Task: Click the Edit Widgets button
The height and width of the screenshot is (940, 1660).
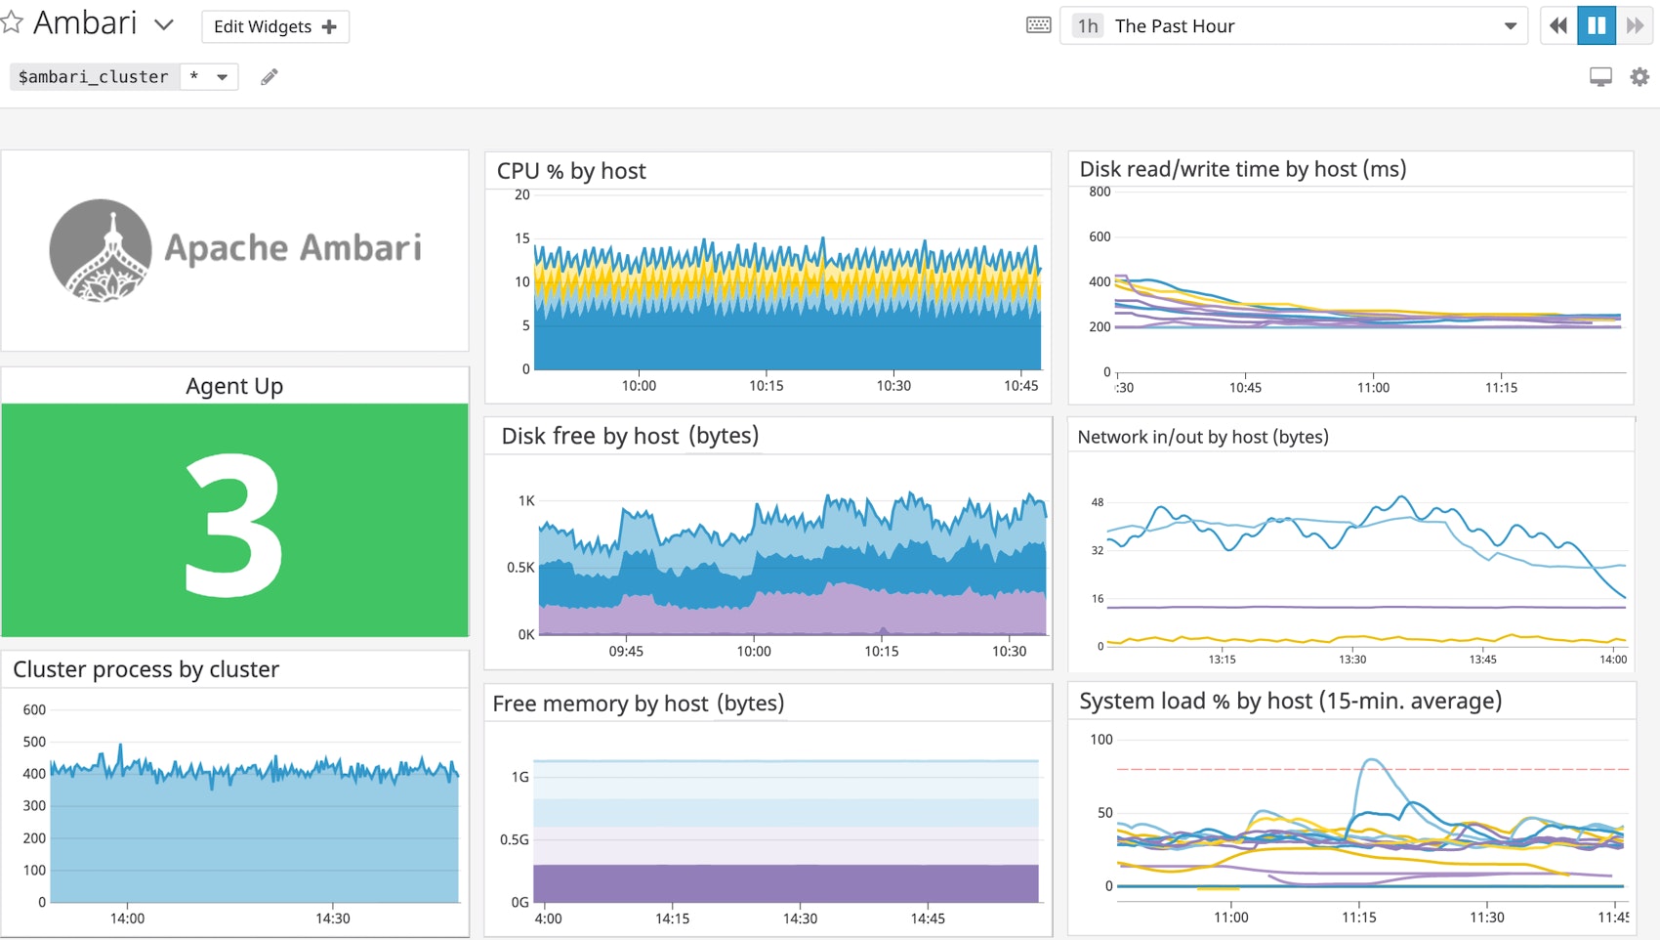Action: (x=274, y=26)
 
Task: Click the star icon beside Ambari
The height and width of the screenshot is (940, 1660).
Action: (x=12, y=22)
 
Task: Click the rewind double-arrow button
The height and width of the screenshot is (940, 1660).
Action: (x=1558, y=25)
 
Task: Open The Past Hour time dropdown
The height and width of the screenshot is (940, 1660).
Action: (x=1294, y=26)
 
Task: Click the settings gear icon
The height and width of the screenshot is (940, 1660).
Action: (x=1639, y=76)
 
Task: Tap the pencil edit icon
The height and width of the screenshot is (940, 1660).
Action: (x=270, y=76)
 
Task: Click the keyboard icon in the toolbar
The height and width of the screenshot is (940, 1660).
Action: (x=1039, y=25)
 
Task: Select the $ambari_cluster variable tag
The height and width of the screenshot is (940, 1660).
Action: (x=94, y=76)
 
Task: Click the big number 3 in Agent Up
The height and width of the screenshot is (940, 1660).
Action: (x=234, y=525)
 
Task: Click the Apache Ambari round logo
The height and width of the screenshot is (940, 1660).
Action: (x=101, y=250)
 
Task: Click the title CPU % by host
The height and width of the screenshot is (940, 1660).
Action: (x=571, y=171)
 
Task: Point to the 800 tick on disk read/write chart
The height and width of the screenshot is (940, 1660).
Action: (x=1100, y=192)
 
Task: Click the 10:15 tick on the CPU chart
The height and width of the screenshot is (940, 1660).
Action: (x=766, y=386)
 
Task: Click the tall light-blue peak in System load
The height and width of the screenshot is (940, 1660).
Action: (x=1372, y=761)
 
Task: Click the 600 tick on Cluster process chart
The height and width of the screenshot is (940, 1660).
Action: (x=34, y=709)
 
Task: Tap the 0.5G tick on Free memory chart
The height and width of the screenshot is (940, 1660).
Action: (x=514, y=839)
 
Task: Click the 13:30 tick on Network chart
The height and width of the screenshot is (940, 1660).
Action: (x=1351, y=660)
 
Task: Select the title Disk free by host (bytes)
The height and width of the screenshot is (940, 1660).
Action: (x=630, y=436)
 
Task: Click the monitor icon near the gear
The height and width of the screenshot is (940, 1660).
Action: (x=1600, y=76)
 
